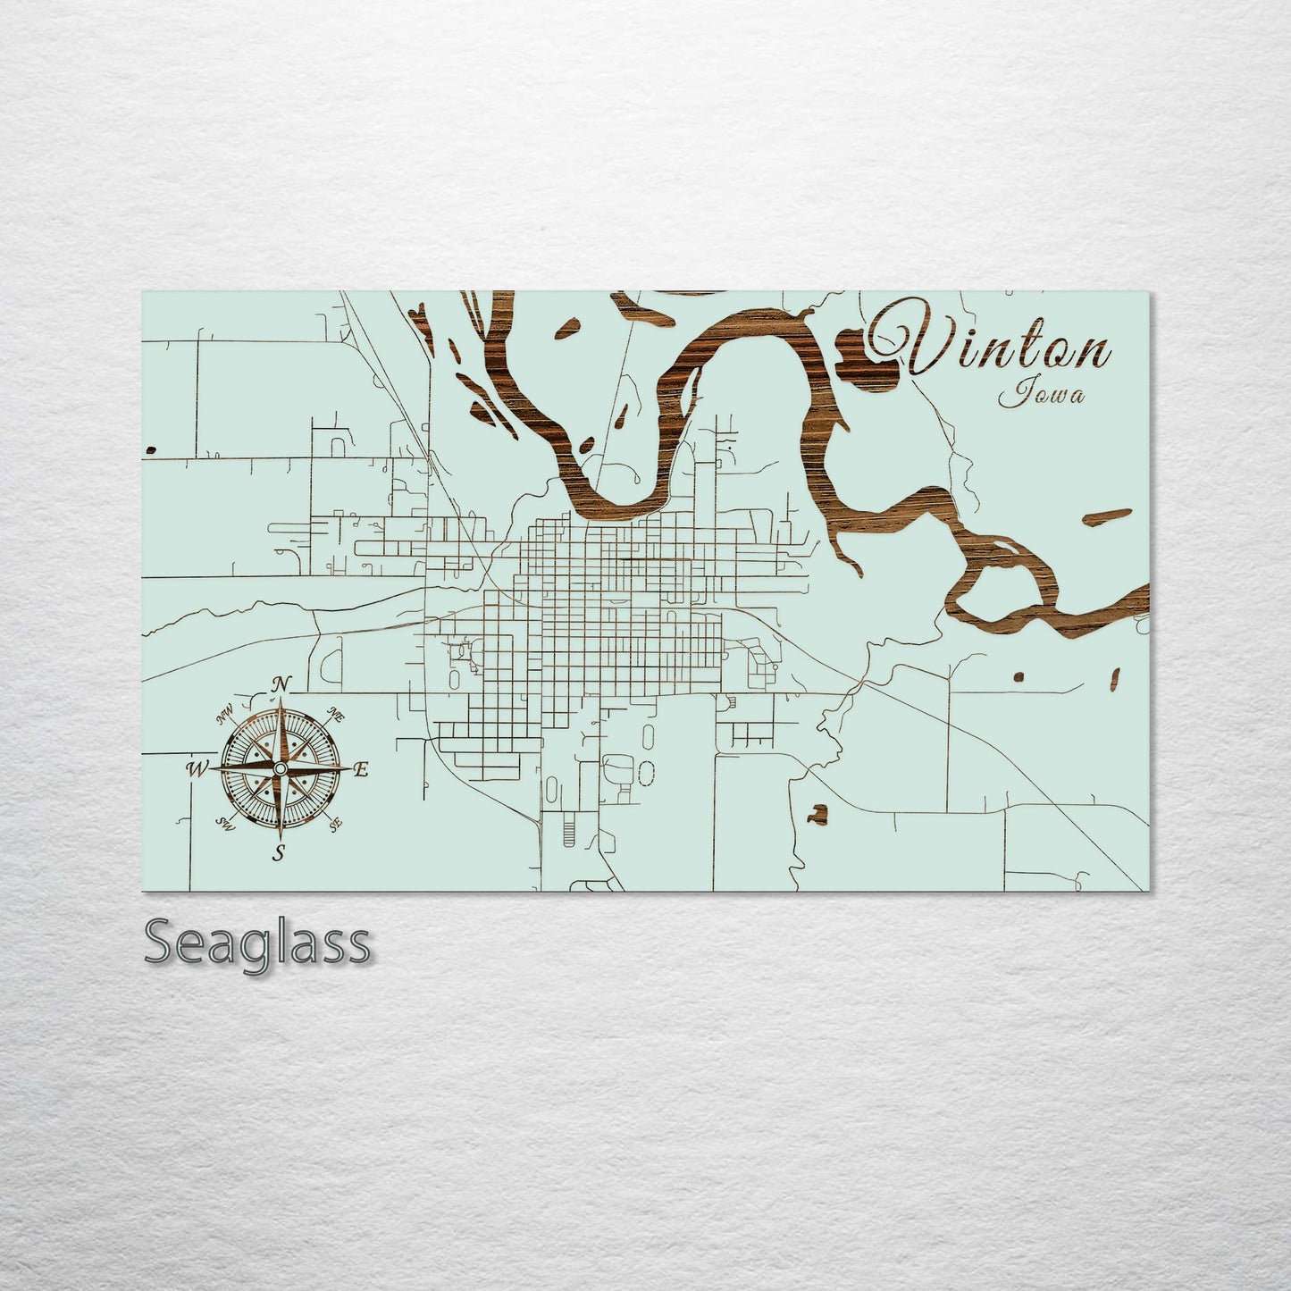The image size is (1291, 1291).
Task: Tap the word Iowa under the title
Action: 1043,393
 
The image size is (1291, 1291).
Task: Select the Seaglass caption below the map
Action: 256,943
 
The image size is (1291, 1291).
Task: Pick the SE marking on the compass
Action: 336,826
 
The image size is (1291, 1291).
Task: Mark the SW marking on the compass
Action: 226,826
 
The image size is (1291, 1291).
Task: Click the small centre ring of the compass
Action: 281,768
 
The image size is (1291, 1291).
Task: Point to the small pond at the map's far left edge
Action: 149,448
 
